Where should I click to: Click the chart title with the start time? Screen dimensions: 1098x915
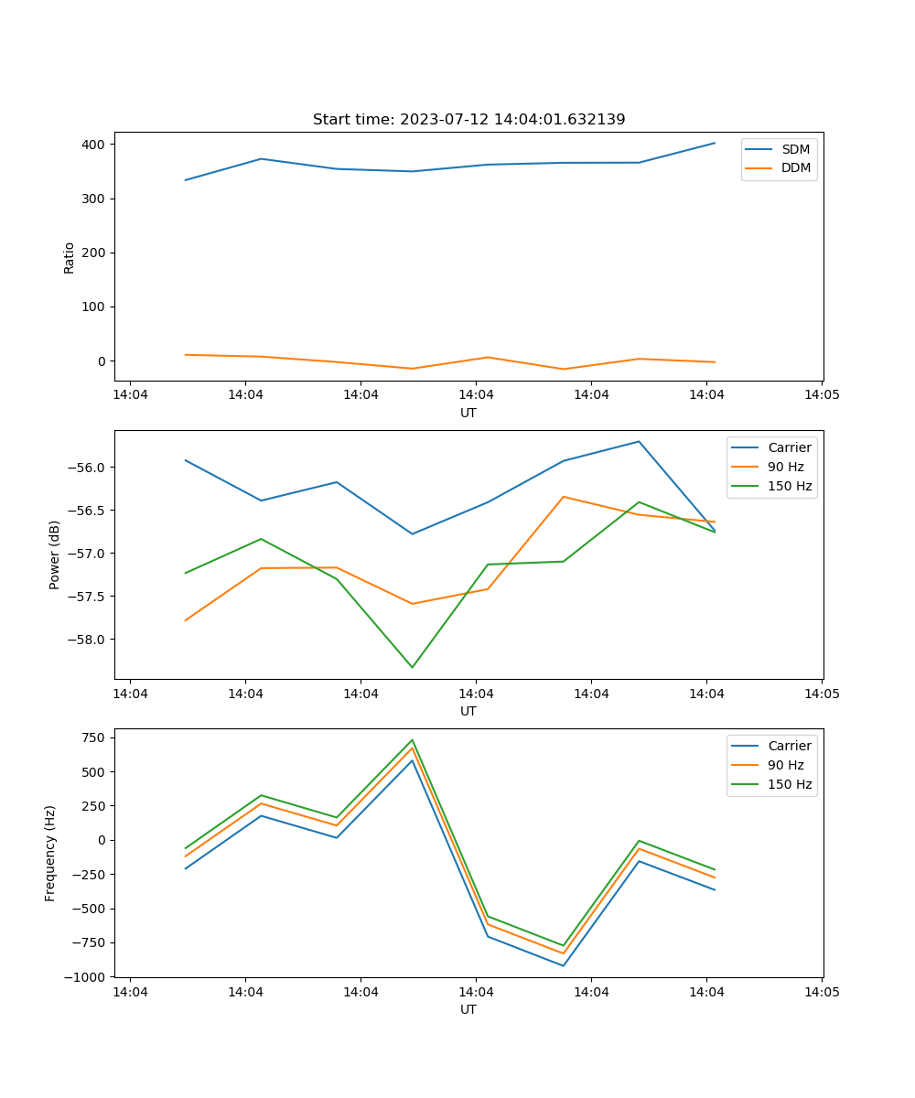[468, 120]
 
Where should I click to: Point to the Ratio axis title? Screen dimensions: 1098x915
[70, 257]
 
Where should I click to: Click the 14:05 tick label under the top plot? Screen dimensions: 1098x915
[821, 395]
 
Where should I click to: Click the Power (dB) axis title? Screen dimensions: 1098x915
[55, 554]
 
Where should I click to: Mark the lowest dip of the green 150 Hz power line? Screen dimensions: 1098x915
[412, 667]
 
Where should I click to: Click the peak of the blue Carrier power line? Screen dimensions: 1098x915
[639, 441]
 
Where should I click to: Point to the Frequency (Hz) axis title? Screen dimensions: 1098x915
[51, 853]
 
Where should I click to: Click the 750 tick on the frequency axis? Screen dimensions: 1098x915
[95, 737]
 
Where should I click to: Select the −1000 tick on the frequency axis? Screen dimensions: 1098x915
[88, 977]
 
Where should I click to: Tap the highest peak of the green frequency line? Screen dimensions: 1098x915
[412, 739]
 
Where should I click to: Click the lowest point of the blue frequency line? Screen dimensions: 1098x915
[563, 965]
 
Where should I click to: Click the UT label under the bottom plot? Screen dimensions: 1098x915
[468, 1009]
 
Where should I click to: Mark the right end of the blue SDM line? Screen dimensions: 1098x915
[715, 143]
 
